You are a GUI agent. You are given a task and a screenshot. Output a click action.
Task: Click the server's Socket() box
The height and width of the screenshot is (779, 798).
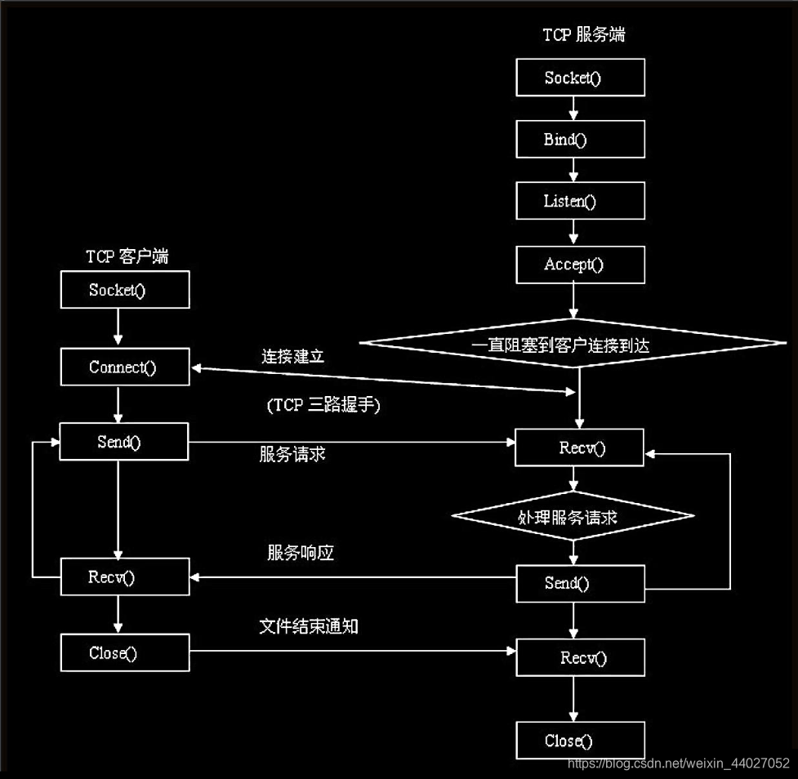[580, 78]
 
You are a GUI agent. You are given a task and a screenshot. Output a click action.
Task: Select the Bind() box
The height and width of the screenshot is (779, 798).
[580, 140]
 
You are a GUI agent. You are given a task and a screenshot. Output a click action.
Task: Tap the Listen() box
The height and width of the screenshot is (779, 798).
[580, 201]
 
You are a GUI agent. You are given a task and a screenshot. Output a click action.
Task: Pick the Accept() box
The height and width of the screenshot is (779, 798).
[580, 264]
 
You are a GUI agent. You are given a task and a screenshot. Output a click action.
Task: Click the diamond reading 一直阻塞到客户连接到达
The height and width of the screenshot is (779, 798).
[572, 345]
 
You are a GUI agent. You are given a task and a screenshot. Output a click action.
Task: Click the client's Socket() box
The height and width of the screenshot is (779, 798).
[125, 290]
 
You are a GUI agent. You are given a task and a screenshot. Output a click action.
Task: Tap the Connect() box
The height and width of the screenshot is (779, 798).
[125, 367]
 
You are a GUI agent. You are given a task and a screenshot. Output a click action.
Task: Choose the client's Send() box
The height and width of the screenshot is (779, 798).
[125, 442]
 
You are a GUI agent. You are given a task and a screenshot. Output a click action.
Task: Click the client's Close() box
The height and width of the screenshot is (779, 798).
[125, 652]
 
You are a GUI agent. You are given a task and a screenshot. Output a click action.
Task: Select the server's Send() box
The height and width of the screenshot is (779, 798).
[580, 582]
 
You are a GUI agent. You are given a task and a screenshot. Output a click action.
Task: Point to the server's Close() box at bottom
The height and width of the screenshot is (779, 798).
[580, 741]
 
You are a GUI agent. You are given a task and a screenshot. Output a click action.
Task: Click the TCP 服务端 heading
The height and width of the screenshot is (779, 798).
[584, 34]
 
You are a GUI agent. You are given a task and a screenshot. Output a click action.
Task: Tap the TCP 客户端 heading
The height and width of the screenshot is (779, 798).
[127, 256]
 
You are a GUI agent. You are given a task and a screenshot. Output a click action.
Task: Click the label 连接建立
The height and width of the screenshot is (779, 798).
[293, 357]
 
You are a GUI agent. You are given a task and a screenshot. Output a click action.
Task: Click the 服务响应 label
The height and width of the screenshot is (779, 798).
[301, 553]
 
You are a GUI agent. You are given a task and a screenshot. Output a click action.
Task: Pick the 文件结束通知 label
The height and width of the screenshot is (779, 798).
[309, 626]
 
